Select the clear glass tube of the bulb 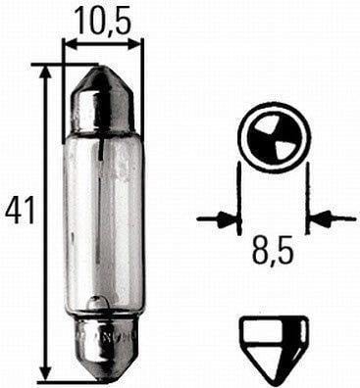click(x=103, y=216)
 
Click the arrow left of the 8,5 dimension click(x=218, y=218)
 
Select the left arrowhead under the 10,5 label click(x=70, y=44)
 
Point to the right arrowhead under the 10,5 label click(x=136, y=44)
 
